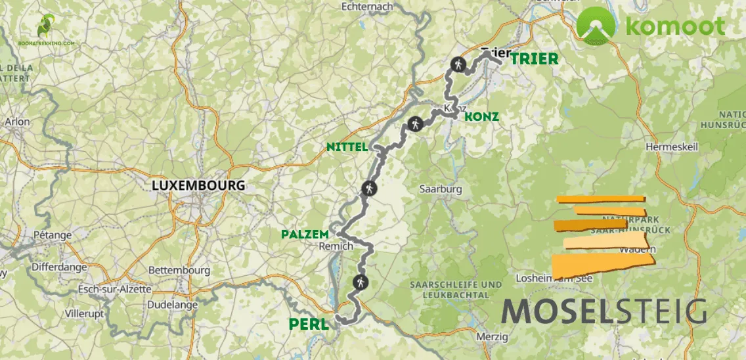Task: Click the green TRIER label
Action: point(534,58)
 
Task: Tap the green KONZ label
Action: point(481,117)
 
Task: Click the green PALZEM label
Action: point(305,234)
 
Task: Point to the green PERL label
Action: point(308,324)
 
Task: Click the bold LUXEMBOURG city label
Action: point(198,185)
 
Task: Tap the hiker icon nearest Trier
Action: point(458,65)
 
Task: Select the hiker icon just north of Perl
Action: point(359,283)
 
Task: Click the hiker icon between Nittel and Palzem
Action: point(369,189)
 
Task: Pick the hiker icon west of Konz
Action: point(415,124)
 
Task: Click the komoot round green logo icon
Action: point(596,26)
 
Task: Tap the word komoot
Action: point(675,26)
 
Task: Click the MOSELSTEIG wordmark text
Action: point(603,310)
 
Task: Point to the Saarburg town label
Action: point(441,189)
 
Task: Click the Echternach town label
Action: point(366,7)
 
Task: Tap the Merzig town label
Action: point(493,337)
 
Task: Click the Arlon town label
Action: point(17,122)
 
